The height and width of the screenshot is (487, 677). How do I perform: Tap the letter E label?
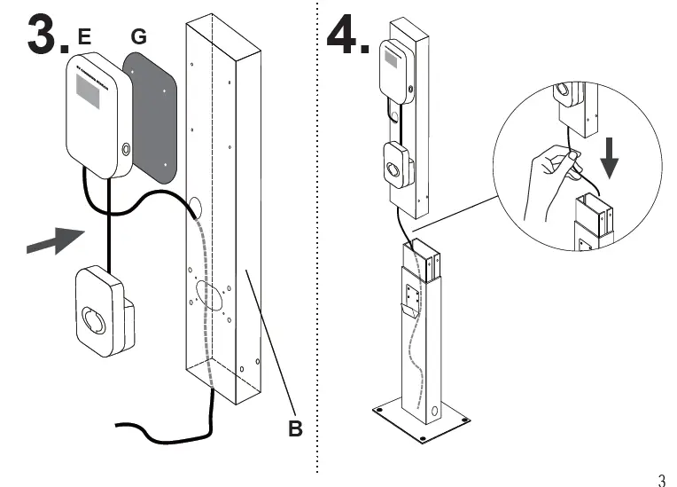point(84,36)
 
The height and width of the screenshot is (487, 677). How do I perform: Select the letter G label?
point(138,36)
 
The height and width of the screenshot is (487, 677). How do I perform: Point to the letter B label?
point(295,428)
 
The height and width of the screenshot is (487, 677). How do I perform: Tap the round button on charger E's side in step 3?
point(125,149)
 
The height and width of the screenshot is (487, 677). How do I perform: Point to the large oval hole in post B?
point(209,295)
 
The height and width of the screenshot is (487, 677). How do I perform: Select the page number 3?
point(660,481)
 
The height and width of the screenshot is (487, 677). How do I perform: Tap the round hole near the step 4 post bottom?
point(435,412)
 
